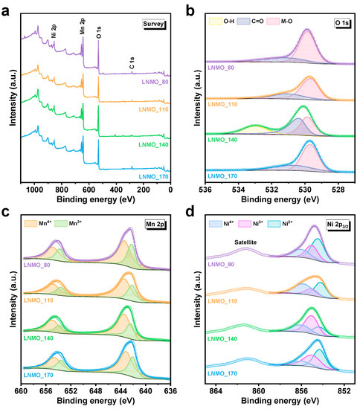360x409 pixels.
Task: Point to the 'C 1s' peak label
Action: [x=131, y=65]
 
